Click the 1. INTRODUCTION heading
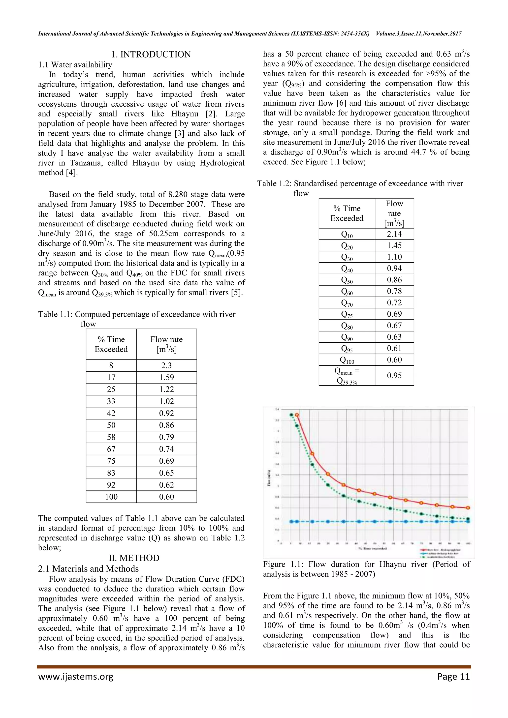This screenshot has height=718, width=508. pos(151,54)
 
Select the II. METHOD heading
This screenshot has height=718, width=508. pos(134,558)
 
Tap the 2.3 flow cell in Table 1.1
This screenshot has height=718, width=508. pos(166,365)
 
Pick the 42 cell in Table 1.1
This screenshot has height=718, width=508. pos(111,413)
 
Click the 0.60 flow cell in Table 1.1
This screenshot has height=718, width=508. pos(166,497)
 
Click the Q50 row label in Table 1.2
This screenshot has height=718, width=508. pos(347,280)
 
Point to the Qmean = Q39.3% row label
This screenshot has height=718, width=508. pos(347,376)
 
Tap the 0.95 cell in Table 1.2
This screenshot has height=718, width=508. pos(394,375)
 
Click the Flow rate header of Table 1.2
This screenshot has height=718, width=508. pos(394,213)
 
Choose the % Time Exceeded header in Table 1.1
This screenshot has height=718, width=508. pos(111,344)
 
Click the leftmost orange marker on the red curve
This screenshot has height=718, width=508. pos(297,415)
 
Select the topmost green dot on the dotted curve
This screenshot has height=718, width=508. pos(291,415)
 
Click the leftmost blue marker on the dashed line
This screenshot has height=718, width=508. pos(291,521)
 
